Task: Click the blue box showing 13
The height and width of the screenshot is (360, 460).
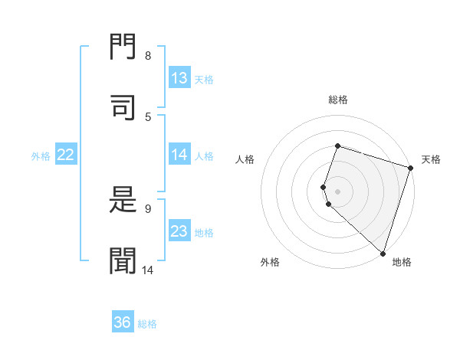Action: click(x=179, y=78)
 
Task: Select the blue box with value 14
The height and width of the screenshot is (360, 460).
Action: click(x=179, y=155)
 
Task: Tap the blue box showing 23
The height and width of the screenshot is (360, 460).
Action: click(x=179, y=231)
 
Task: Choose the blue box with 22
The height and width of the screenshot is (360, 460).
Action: click(x=66, y=155)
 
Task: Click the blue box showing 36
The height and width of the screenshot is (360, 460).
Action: click(x=123, y=322)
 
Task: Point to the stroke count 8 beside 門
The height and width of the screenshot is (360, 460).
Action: click(x=148, y=56)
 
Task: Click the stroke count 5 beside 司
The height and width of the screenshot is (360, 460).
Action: click(x=148, y=116)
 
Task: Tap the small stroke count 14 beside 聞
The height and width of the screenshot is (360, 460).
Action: click(x=148, y=270)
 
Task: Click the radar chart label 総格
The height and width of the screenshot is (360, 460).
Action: click(x=338, y=100)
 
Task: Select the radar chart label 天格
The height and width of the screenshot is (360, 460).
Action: click(x=431, y=159)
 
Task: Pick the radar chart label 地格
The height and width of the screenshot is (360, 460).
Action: click(x=402, y=262)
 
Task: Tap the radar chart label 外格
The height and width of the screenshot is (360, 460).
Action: click(x=270, y=262)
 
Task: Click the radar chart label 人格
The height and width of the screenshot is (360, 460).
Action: click(x=245, y=159)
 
